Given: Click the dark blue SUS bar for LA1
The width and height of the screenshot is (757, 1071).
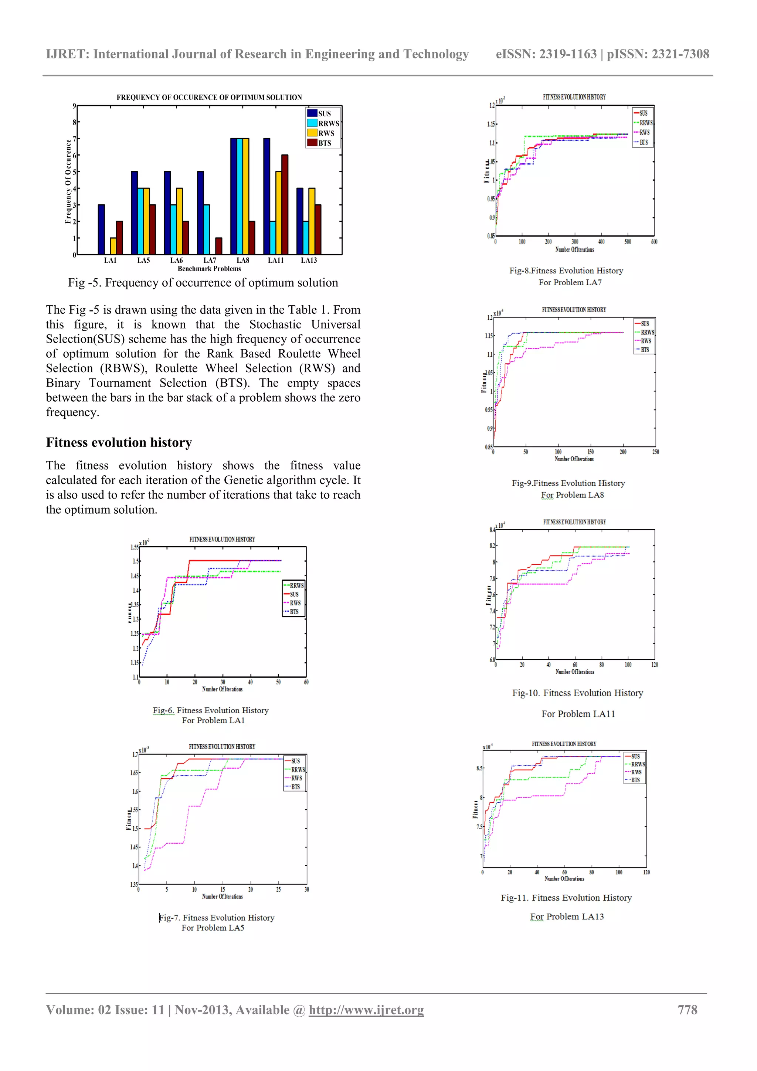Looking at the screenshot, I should (x=101, y=229).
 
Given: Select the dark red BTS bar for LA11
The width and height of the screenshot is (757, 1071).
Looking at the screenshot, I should (x=285, y=205).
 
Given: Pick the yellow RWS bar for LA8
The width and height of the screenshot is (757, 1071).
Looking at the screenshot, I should (x=246, y=196).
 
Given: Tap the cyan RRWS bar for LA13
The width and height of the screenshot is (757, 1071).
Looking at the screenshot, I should (x=306, y=238).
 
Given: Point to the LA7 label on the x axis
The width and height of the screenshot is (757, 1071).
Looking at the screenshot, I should (x=210, y=260).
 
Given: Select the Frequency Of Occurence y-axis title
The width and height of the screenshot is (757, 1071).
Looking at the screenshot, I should (x=68, y=181).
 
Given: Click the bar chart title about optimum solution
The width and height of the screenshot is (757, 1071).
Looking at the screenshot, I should (x=209, y=98).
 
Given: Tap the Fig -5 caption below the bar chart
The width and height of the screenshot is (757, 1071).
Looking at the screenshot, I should (x=203, y=283).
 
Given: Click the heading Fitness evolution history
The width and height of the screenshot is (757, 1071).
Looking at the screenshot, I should (x=119, y=442).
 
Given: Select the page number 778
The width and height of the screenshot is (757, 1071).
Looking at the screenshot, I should (x=687, y=1010).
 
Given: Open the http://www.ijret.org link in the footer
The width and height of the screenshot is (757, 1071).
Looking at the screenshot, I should (x=366, y=1010).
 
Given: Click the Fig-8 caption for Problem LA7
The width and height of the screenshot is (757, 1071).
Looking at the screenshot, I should (x=566, y=271).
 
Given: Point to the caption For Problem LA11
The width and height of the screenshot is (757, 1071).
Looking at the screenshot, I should (x=578, y=714).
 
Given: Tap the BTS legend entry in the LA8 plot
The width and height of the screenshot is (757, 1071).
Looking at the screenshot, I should (x=645, y=350).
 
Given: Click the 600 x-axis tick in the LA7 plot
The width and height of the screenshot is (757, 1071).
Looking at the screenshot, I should (x=654, y=242).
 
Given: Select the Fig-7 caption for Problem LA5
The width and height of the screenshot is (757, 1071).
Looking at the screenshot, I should (x=217, y=918).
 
